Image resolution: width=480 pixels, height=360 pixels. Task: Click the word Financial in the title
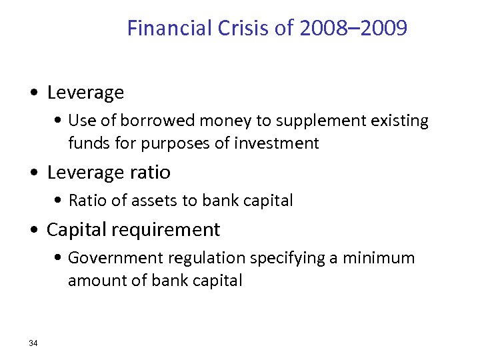[169, 29]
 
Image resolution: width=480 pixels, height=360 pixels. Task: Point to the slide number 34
[33, 343]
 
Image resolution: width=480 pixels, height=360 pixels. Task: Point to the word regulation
[208, 259]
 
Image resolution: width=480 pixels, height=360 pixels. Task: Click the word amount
[93, 281]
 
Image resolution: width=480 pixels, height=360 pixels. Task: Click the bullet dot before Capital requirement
[35, 231]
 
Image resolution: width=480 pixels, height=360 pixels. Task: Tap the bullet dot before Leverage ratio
[35, 173]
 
